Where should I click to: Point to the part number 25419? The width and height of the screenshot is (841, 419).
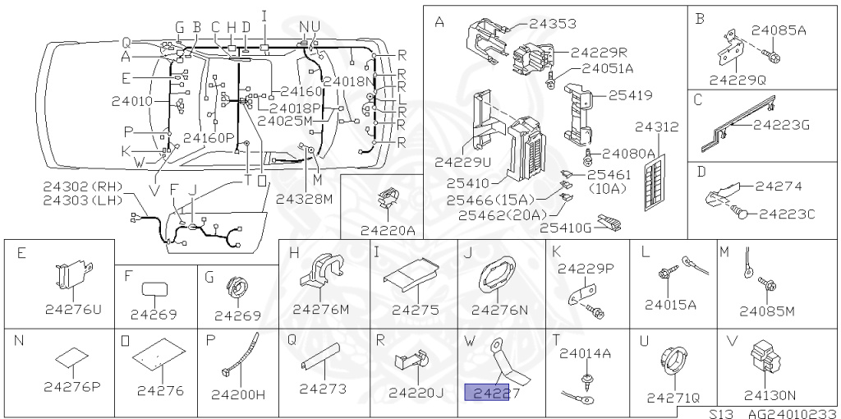pos(630,95)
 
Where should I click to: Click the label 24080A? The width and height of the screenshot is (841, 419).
pos(628,153)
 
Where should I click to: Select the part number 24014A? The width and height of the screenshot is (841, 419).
pos(585,353)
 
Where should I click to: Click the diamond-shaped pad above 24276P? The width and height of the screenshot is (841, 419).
pos(72,357)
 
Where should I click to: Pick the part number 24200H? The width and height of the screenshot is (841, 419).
pos(238,394)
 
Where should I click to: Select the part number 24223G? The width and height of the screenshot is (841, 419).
pos(781,125)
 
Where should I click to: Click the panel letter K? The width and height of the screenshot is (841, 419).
pos(556,251)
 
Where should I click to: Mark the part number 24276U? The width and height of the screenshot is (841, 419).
pos(72,310)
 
